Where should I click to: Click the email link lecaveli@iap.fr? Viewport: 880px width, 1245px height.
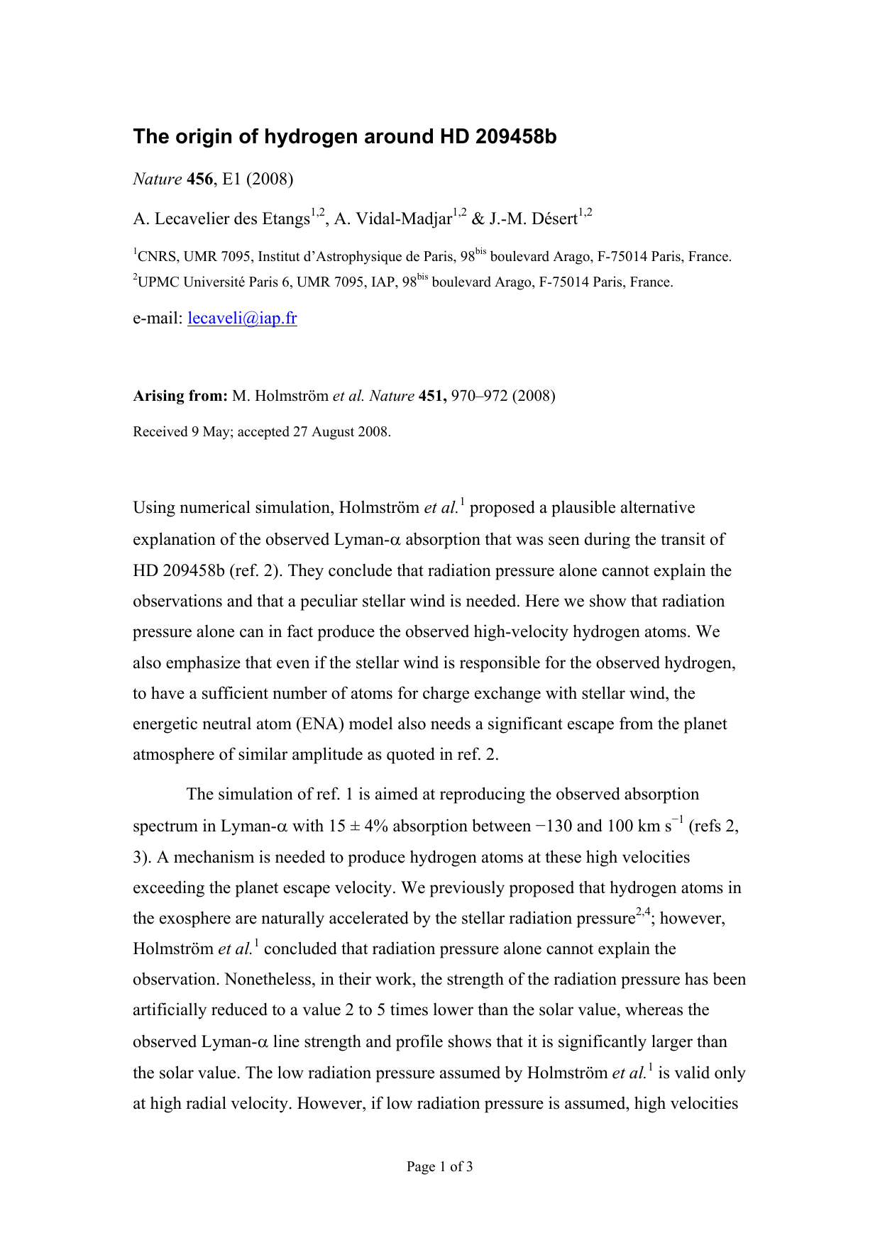242,319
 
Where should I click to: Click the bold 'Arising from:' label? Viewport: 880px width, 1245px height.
180,396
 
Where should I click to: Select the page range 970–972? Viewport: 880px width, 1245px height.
479,396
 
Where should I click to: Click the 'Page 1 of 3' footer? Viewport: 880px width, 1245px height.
439,1166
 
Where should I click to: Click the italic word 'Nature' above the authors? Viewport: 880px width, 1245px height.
158,179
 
